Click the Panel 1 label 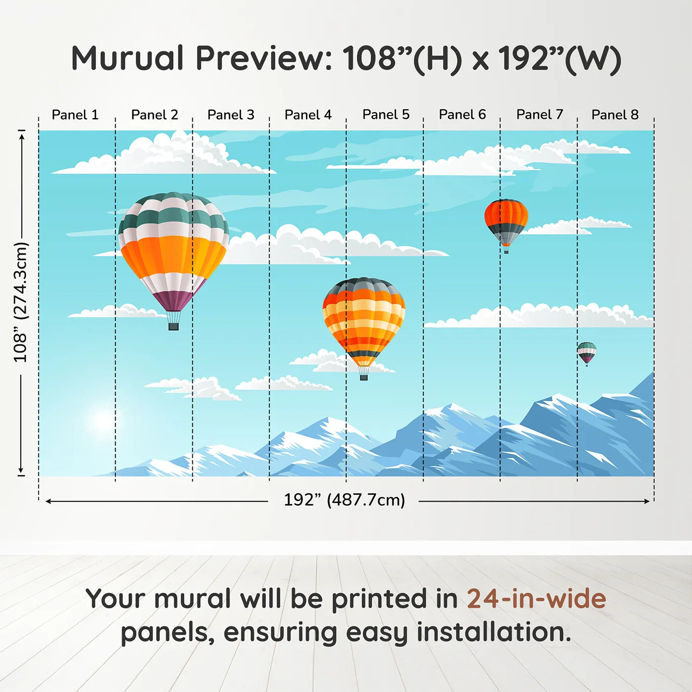click(75, 115)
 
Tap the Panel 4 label click(308, 115)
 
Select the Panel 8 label click(615, 115)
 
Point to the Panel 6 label click(462, 115)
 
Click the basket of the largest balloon click(173, 326)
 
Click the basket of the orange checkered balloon click(364, 377)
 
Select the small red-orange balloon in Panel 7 click(506, 220)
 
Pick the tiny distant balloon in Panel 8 click(587, 352)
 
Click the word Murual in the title click(128, 58)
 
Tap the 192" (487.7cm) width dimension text click(344, 500)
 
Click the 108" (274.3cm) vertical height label click(20, 302)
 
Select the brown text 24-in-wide click(536, 599)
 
